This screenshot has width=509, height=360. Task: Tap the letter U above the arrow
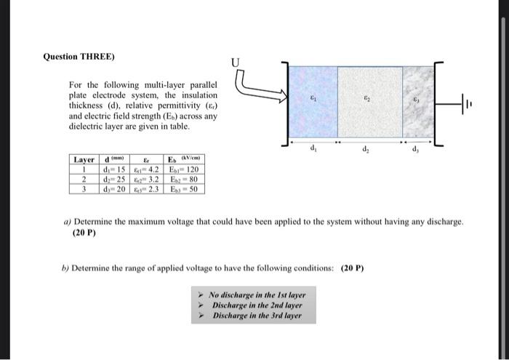point(236,62)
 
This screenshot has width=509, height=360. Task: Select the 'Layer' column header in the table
point(85,159)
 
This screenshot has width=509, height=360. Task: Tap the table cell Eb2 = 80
point(183,178)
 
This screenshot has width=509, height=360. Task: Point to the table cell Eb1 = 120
point(183,169)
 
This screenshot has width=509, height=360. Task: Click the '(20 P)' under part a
point(84,233)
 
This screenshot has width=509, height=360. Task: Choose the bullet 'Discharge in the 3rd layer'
point(255,316)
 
